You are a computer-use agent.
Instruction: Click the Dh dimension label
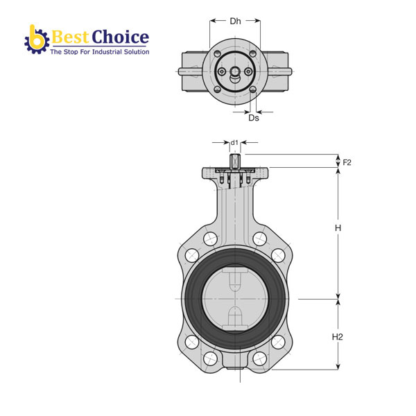(235, 21)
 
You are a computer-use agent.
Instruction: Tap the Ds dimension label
(254, 118)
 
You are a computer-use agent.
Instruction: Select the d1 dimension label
(234, 143)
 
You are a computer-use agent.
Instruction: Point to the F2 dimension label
(347, 162)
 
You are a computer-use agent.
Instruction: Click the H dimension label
(338, 228)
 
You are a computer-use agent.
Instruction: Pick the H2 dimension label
(338, 337)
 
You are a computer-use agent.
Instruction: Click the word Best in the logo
(70, 37)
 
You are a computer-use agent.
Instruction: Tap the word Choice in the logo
(120, 37)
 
